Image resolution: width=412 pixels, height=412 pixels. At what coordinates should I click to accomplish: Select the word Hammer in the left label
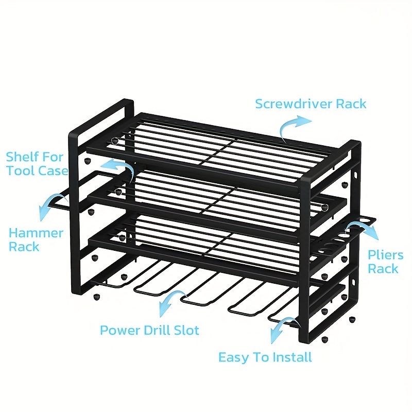click(36, 233)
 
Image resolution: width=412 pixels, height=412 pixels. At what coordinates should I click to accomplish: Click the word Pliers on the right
click(385, 255)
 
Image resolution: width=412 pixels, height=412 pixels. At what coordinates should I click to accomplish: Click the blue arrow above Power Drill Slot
click(171, 297)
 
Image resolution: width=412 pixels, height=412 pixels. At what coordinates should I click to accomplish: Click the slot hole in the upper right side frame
click(355, 175)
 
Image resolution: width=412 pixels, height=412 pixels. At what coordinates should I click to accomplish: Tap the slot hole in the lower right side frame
click(353, 282)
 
